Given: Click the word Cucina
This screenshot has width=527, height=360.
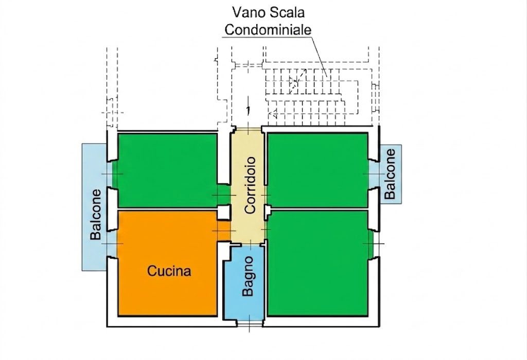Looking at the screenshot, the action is [x=169, y=270].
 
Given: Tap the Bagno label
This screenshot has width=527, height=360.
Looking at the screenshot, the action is [x=248, y=276].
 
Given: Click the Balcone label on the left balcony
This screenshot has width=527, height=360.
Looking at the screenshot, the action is [x=95, y=215].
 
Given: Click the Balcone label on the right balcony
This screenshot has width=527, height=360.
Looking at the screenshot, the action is [x=390, y=174].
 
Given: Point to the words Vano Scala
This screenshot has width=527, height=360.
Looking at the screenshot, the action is [x=269, y=12].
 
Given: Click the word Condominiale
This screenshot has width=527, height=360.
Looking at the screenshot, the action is [x=268, y=29].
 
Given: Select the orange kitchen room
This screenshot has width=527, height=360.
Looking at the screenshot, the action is [x=167, y=264].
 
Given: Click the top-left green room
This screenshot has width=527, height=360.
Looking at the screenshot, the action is [x=167, y=170].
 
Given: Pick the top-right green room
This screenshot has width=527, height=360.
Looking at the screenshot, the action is [x=317, y=170].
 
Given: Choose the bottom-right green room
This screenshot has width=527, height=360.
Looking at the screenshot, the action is [x=317, y=264].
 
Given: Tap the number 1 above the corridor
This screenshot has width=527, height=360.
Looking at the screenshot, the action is [x=248, y=110].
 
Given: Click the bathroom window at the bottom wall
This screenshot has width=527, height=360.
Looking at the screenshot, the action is [x=250, y=323].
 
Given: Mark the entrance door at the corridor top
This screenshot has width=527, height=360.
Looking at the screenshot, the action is [x=249, y=129].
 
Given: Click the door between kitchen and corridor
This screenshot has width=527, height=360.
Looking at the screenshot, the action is [x=224, y=230].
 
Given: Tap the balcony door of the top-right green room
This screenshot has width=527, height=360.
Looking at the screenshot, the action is [x=374, y=174].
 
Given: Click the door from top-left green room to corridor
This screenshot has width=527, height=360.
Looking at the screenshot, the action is [x=224, y=195].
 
